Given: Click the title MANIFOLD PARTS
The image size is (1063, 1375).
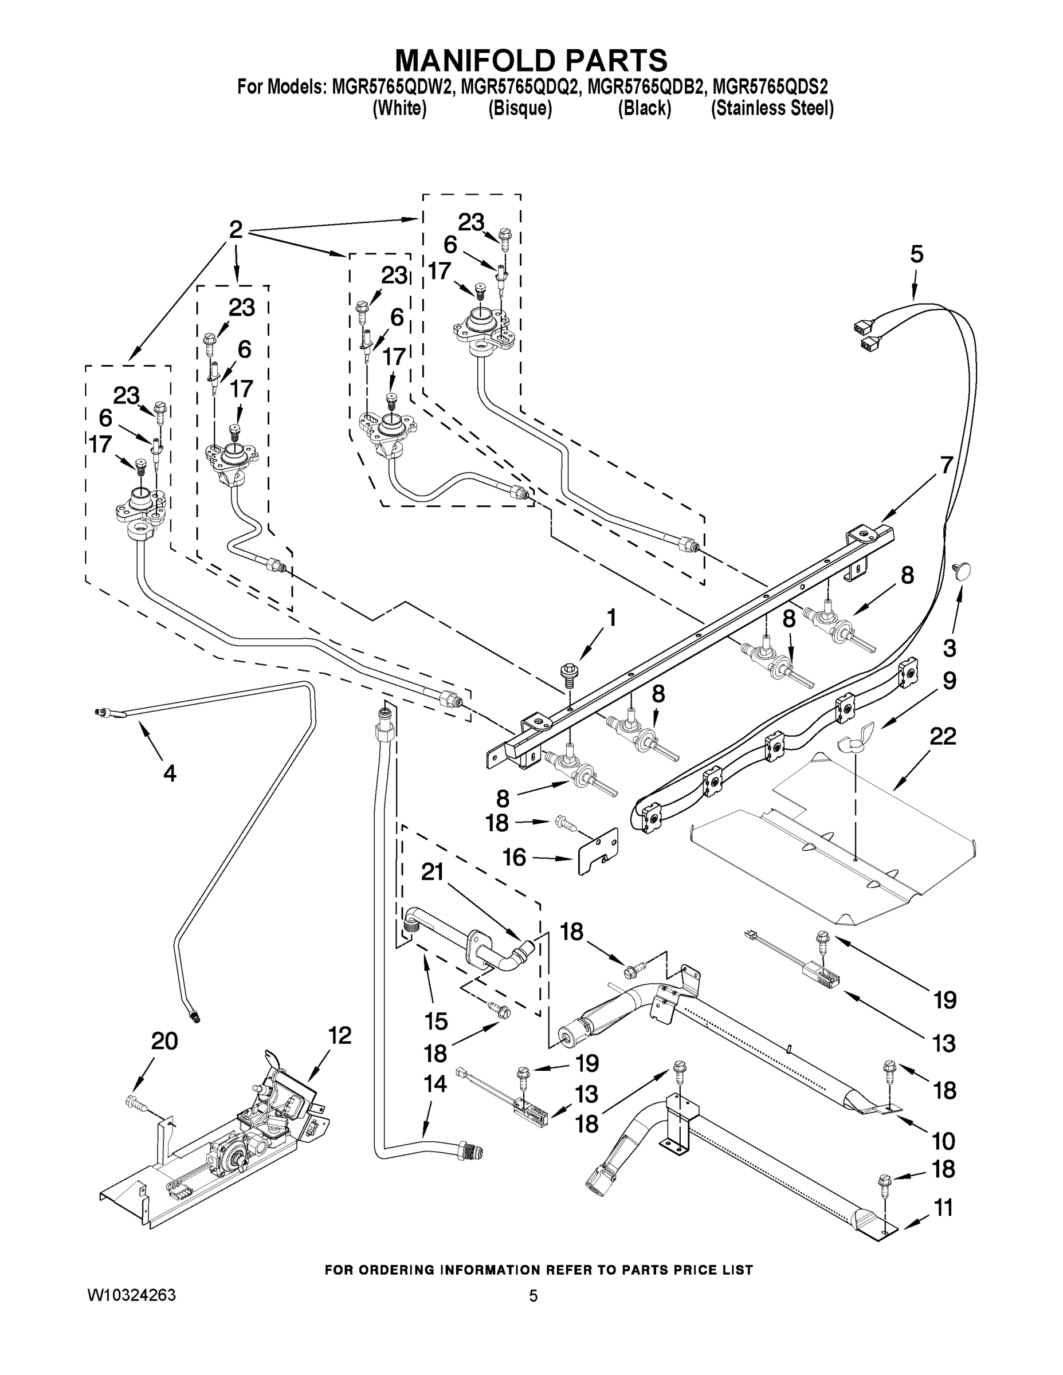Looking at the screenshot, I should pyautogui.click(x=531, y=60).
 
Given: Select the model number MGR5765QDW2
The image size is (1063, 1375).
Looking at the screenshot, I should pyautogui.click(x=390, y=87).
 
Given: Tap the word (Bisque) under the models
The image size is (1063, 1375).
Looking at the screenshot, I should pyautogui.click(x=520, y=109).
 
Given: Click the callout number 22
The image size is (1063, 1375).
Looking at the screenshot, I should pyautogui.click(x=942, y=736).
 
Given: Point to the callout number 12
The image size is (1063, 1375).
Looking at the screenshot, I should pyautogui.click(x=340, y=1035).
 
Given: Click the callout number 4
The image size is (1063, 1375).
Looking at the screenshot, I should pyautogui.click(x=170, y=772).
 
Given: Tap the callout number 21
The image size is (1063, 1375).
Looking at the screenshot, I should pyautogui.click(x=433, y=872).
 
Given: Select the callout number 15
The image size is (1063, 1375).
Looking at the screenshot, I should pyautogui.click(x=436, y=1021).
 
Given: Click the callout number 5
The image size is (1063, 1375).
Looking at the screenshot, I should pyautogui.click(x=916, y=254).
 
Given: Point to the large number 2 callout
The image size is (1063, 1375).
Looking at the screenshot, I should pyautogui.click(x=236, y=229).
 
